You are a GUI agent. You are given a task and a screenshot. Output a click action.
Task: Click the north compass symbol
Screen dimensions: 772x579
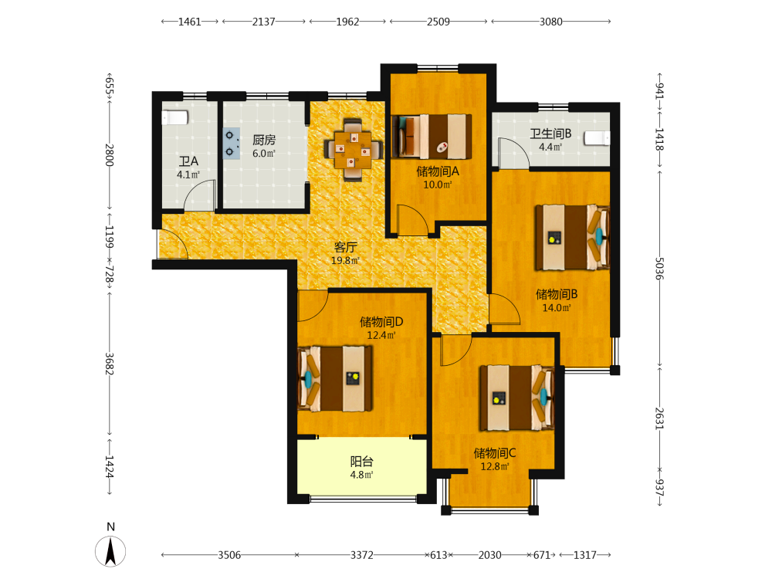110,551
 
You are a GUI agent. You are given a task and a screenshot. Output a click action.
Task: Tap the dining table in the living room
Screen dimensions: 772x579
353,150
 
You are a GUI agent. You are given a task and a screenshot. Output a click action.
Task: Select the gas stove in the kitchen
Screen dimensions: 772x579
232,144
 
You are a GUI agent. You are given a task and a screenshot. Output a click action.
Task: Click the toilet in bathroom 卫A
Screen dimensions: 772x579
174,117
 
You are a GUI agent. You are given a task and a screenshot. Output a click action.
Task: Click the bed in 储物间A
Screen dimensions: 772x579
432,137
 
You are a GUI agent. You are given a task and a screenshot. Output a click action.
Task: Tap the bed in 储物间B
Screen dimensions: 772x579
573,238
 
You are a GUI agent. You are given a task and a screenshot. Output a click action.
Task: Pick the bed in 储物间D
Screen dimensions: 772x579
335,378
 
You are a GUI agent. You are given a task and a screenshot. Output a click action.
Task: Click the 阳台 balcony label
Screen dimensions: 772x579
362,462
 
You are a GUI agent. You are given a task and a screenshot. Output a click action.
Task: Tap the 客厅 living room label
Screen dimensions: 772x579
345,247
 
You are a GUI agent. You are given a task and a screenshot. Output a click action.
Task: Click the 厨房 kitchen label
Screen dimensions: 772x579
264,140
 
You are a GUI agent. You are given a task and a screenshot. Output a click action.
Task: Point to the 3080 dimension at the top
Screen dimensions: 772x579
551,22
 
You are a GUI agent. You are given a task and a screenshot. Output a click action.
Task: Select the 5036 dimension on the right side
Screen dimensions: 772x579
660,269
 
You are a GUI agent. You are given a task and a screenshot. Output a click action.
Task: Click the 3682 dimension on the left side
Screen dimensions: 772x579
110,364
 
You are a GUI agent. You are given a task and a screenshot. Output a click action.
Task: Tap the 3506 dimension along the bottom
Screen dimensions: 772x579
229,555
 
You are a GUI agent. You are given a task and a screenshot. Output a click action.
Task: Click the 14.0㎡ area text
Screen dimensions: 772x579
557,308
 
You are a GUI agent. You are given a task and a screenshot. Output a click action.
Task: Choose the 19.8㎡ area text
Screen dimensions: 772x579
345,261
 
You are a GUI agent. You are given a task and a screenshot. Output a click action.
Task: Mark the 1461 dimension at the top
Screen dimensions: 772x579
190,22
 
